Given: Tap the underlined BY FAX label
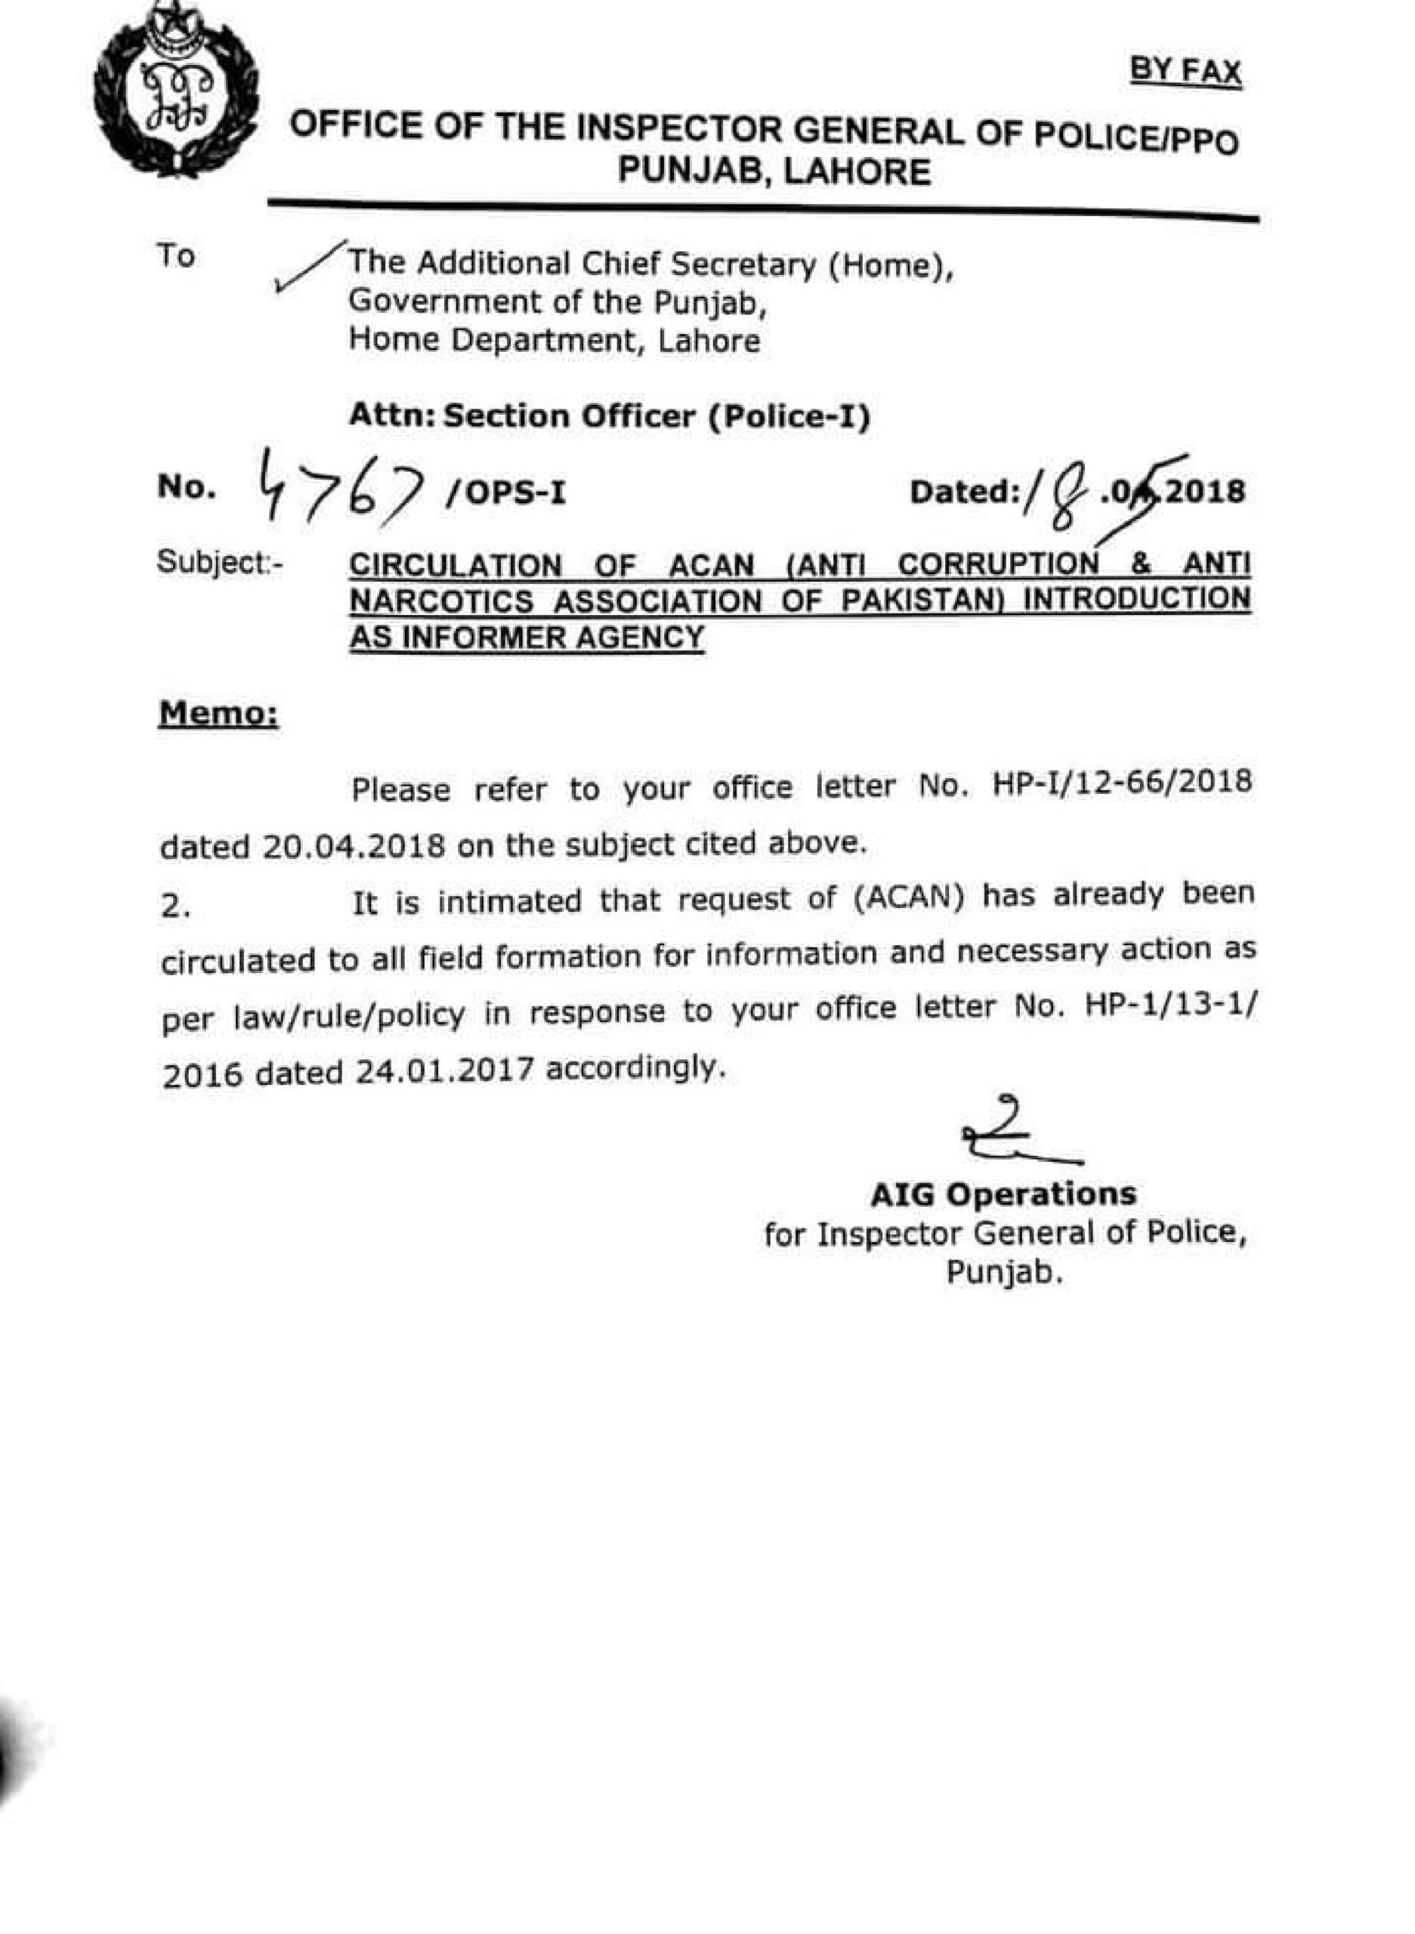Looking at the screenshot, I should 1185,71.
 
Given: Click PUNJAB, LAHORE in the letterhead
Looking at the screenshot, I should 774,173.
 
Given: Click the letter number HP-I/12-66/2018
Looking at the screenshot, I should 1121,780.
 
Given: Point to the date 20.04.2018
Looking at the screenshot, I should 354,846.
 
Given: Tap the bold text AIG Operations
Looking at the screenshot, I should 1003,1194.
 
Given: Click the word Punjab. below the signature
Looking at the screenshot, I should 1004,1274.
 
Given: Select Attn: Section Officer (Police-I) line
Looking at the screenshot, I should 609,417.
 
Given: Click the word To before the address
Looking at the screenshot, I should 175,255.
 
